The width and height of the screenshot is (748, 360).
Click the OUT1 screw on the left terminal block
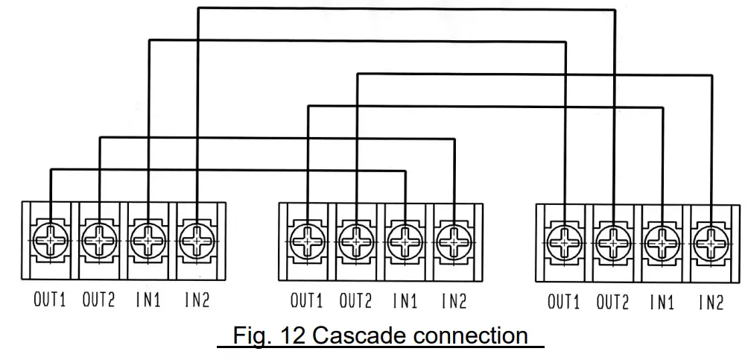pos(51,240)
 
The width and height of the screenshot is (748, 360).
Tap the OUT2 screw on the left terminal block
pos(99,240)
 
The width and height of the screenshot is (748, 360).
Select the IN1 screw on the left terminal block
pos(149,240)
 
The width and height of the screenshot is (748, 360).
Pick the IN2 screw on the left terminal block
pos(197,240)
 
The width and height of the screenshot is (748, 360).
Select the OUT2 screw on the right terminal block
pos(613,243)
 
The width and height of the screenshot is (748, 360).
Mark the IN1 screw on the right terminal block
pos(662,243)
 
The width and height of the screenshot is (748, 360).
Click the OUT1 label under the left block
pos(50,300)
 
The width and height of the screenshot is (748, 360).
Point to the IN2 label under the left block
pos(197,300)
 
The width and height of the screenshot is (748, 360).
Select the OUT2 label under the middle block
pos(355,302)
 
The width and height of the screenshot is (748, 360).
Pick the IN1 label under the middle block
pos(405,302)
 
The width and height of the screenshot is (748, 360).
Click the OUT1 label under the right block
pos(563,303)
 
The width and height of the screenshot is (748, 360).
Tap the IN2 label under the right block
pos(711,303)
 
